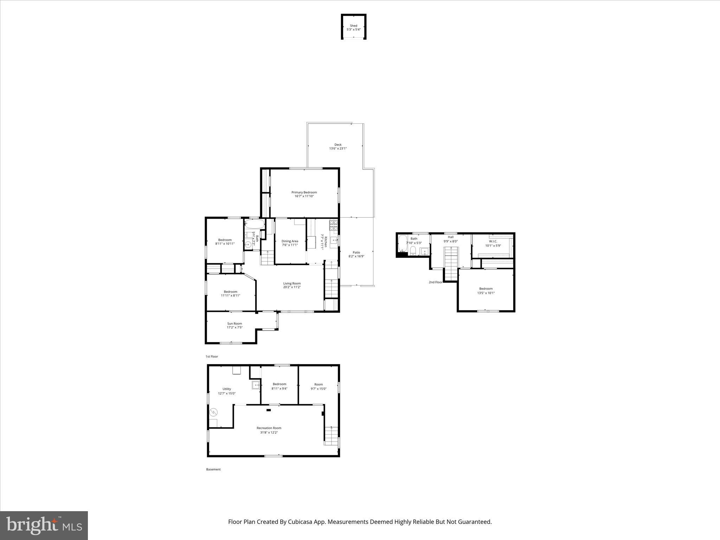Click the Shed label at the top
353,26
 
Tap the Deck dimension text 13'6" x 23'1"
338,149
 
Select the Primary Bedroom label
304,192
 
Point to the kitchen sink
334,240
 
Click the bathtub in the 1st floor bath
254,224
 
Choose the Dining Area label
290,241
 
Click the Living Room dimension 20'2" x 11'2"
292,287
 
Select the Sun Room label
234,323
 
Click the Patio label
356,252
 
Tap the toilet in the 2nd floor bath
413,250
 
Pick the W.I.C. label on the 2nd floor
493,241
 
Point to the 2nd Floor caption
436,282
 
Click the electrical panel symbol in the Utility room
213,412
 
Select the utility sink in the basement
256,385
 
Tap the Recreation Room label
269,428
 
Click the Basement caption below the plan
213,469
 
